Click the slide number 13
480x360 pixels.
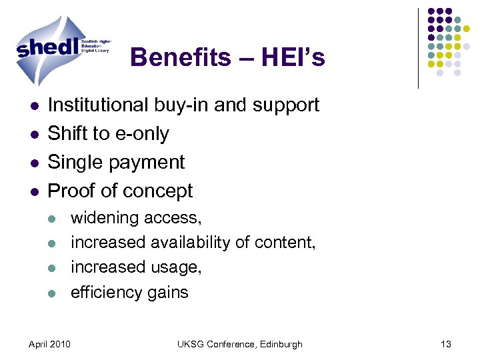coord(446,344)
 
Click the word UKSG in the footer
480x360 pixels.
coord(191,344)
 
